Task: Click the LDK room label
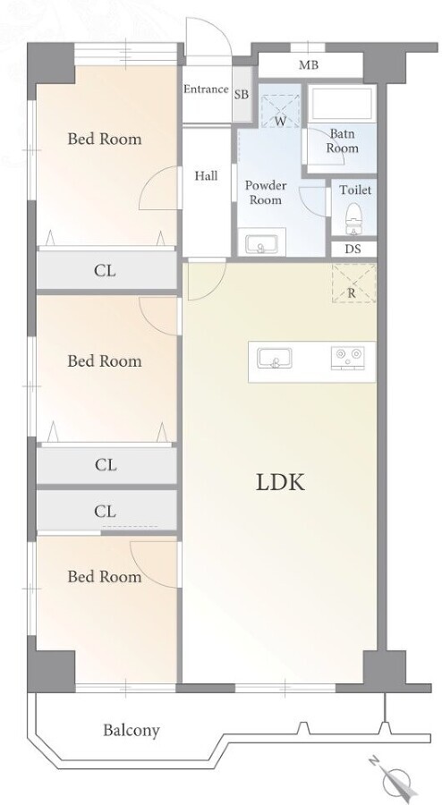pos(280,483)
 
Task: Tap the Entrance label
pos(206,89)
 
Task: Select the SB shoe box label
pos(242,95)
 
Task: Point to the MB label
pos(309,65)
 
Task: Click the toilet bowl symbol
pos(354,215)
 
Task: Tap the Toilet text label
pos(355,190)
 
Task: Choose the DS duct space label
pos(353,250)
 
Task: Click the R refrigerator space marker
pos(353,294)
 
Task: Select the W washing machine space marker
pos(280,122)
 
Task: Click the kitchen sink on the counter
pos(275,358)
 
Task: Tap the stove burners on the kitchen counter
pos(347,357)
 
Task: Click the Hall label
pos(206,176)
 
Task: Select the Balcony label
pos(132,730)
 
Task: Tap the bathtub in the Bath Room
pos(341,105)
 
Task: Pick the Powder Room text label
pos(266,192)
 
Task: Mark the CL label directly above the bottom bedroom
pos(106,512)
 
